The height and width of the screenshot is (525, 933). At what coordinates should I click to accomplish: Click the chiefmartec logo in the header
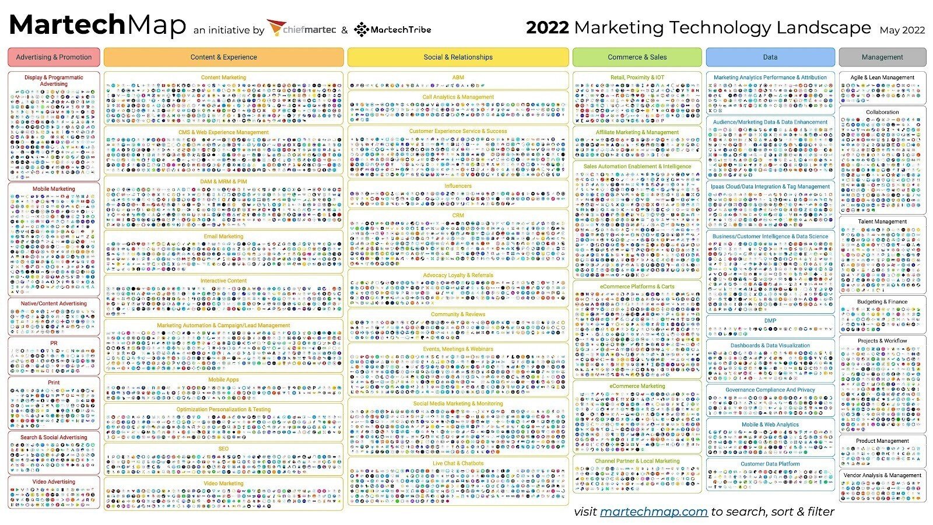301,29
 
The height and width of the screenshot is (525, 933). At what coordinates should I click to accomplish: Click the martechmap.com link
653,512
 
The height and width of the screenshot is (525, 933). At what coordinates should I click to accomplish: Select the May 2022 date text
902,30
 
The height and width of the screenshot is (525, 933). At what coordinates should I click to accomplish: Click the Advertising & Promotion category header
54,57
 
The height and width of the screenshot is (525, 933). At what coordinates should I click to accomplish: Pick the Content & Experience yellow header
223,57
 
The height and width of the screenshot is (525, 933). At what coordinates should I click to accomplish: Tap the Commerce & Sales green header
637,57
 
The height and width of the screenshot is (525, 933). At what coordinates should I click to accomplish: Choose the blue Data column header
770,57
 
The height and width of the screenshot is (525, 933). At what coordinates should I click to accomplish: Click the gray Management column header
882,57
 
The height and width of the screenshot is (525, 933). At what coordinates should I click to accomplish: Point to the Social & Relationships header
458,57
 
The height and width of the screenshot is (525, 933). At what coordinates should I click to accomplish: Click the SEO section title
223,449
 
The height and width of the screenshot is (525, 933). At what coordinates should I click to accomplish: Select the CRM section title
458,215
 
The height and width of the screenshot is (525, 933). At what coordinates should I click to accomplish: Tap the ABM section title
458,77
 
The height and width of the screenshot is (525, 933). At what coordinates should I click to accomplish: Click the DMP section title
770,320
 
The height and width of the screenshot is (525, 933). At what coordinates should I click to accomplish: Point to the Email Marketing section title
223,236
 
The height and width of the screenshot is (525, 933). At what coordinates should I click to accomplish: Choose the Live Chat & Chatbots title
458,463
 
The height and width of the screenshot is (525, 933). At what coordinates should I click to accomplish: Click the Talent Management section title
882,222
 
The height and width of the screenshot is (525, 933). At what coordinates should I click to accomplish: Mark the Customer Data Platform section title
770,464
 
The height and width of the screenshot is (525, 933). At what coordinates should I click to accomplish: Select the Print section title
54,383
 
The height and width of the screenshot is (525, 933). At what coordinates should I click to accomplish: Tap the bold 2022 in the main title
547,27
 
